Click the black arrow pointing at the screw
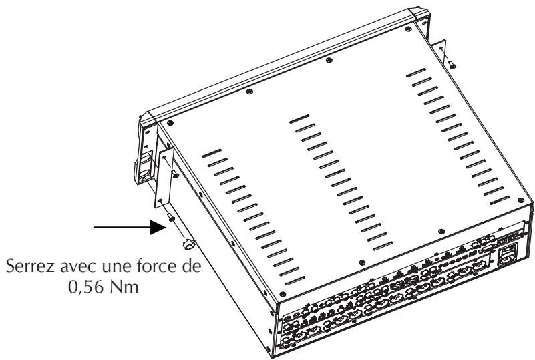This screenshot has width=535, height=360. coord(126,227)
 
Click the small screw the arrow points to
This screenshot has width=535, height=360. coord(173,218)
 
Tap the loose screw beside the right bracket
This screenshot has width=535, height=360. coord(453,65)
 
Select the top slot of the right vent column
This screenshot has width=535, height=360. coord(415,71)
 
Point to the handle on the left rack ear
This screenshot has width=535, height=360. coord(146,166)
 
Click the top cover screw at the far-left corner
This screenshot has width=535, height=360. coord(171,122)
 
